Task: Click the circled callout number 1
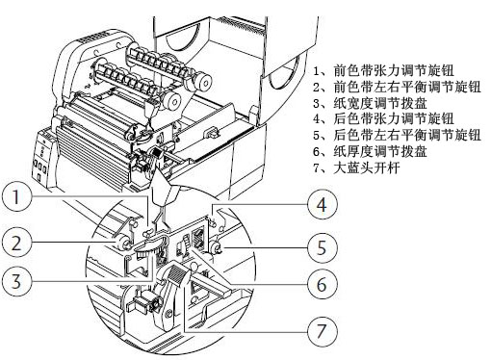[17, 195]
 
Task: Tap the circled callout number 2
[17, 243]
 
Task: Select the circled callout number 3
[17, 281]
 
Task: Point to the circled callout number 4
[323, 204]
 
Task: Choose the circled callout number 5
[323, 247]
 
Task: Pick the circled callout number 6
[323, 284]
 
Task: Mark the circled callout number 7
[323, 330]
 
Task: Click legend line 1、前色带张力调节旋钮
[384, 70]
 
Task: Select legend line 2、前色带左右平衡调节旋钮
[398, 87]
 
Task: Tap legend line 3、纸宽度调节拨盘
[371, 103]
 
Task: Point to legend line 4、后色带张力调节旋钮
[384, 118]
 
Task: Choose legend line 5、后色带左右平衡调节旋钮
[398, 135]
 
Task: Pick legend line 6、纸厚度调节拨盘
[371, 151]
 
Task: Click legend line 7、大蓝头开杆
[356, 167]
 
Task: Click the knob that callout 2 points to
[123, 243]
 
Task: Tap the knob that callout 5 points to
[216, 247]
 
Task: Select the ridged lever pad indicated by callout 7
[176, 275]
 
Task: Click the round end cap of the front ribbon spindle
[171, 101]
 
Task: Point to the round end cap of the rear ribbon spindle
[203, 83]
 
